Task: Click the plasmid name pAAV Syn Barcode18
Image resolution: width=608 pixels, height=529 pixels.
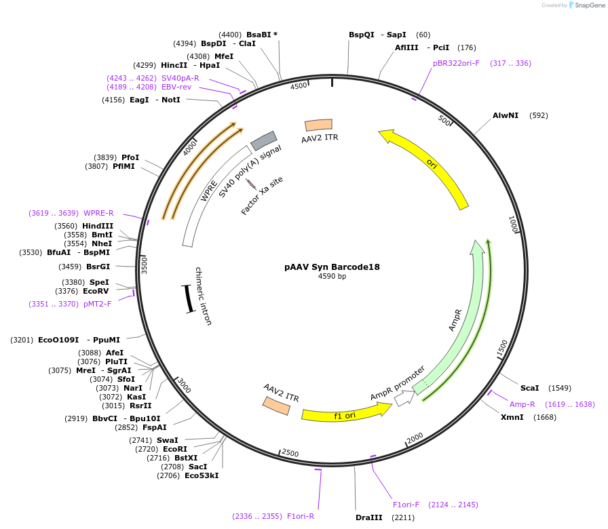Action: pyautogui.click(x=332, y=267)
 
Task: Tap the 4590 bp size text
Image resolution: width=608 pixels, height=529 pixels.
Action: pyautogui.click(x=332, y=277)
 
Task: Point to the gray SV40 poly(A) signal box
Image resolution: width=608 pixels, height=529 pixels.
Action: pyautogui.click(x=263, y=140)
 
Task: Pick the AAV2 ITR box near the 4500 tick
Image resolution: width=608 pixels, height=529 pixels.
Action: pyautogui.click(x=319, y=125)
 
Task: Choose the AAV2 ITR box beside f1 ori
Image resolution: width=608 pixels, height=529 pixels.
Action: pyautogui.click(x=276, y=405)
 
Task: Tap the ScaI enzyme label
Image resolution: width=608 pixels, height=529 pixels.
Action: pyautogui.click(x=529, y=388)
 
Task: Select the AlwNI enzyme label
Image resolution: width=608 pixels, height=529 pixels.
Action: pyautogui.click(x=506, y=115)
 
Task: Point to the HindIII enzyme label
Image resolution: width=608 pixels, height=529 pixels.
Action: pyautogui.click(x=98, y=226)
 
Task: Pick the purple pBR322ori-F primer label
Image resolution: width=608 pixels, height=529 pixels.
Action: pyautogui.click(x=456, y=63)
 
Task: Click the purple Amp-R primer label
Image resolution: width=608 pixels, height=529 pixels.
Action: pyautogui.click(x=522, y=404)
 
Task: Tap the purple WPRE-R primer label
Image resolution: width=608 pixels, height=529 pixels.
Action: pyautogui.click(x=98, y=213)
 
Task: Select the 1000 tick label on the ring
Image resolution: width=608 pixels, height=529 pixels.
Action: pyautogui.click(x=514, y=224)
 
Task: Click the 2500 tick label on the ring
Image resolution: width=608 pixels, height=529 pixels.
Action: pyautogui.click(x=290, y=452)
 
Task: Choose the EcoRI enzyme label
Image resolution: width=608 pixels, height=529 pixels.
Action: pyautogui.click(x=175, y=449)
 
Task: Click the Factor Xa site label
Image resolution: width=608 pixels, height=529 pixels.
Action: pyautogui.click(x=262, y=196)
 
